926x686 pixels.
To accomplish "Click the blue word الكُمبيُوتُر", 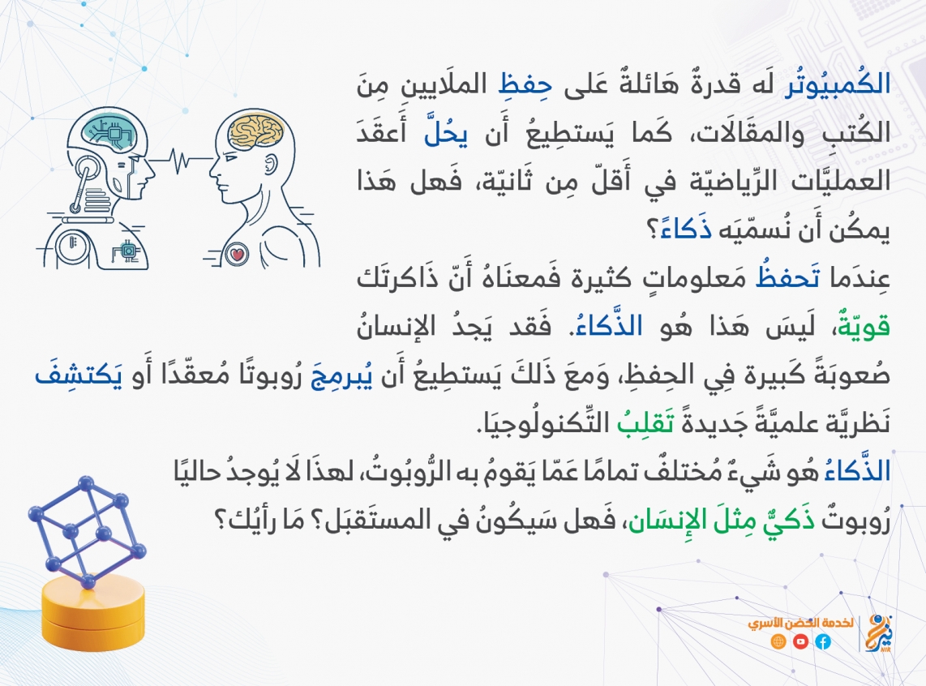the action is tap(837, 84).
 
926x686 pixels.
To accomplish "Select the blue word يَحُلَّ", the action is tap(446, 133).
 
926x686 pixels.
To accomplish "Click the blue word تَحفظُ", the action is tap(787, 277).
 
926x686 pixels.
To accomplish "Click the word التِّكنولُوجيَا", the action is tap(536, 423).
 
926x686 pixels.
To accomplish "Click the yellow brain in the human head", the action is tap(255, 131).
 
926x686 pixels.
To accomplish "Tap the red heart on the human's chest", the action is tap(238, 255).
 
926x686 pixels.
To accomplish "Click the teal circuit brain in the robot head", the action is tap(109, 131).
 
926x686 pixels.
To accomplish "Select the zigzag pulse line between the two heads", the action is tap(181, 160).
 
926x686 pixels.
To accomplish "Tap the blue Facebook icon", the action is tap(823, 641).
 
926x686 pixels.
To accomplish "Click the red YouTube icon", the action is tap(801, 641).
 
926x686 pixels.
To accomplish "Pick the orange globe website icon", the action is tap(778, 641).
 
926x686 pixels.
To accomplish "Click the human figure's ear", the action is tap(271, 164).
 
